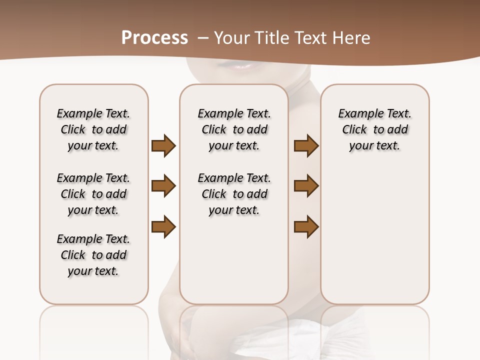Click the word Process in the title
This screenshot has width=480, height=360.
(x=154, y=38)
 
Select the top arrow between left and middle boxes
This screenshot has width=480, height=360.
(x=163, y=145)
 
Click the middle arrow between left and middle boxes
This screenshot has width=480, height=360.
(x=163, y=186)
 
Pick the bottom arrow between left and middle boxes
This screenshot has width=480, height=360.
(x=163, y=226)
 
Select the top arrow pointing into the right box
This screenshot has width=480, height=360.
(x=306, y=145)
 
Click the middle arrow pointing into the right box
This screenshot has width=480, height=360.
(x=306, y=186)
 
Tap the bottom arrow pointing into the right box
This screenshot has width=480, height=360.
(x=306, y=226)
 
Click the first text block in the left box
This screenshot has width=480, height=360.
(x=93, y=129)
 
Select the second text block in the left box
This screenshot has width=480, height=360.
(x=93, y=194)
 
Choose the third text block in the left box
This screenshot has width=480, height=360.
(x=93, y=255)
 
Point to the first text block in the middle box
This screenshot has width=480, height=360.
(x=234, y=129)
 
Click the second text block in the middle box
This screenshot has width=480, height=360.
(x=234, y=194)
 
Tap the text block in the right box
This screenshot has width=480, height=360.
(x=374, y=129)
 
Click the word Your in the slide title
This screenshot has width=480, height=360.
(x=232, y=38)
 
